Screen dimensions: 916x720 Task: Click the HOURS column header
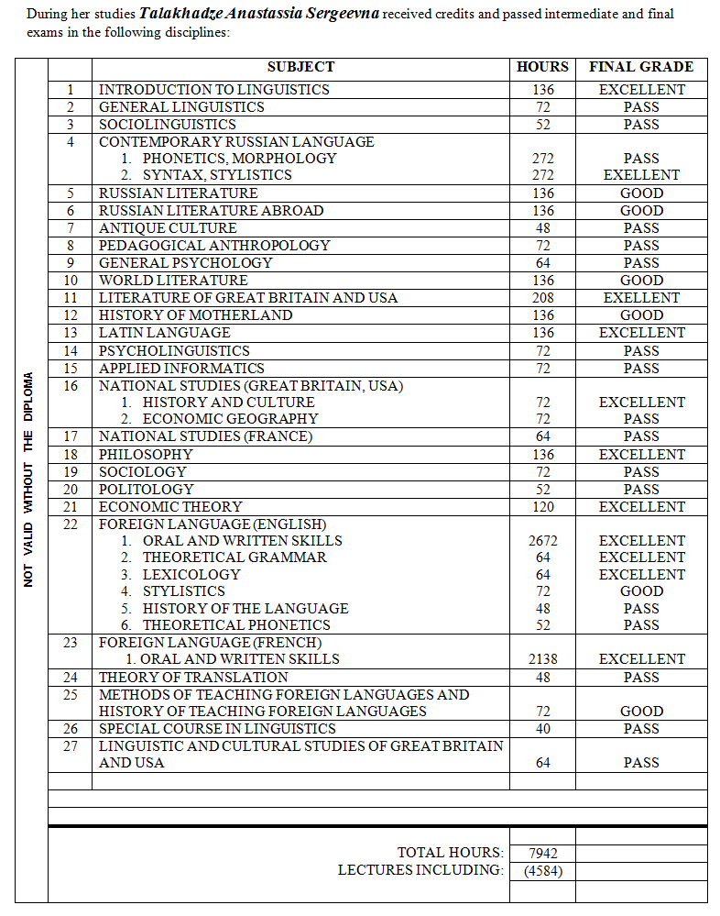pos(542,67)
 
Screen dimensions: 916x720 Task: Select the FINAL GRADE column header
pos(640,67)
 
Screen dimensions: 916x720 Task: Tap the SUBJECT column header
pos(300,67)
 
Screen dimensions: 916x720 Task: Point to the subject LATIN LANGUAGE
pos(164,333)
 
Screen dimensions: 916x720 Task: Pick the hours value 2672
pos(542,541)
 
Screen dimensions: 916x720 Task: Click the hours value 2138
pos(542,659)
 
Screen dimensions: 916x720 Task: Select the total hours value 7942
pos(542,854)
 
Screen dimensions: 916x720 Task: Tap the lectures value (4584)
pos(542,870)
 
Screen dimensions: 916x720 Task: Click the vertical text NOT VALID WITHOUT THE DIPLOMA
pos(28,479)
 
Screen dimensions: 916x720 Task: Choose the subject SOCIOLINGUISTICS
pos(167,125)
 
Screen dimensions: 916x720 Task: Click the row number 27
pos(71,746)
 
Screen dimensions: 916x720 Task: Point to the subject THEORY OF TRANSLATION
pos(193,678)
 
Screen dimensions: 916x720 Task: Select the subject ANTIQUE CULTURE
pos(168,228)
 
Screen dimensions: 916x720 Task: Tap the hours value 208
pos(542,298)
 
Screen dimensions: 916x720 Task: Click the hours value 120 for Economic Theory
pos(542,507)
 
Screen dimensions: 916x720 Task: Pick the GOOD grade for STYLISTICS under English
pos(641,591)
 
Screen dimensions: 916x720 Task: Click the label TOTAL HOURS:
pos(450,854)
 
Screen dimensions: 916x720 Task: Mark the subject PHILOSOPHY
pos(146,455)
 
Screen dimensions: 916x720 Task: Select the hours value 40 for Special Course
pos(542,729)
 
